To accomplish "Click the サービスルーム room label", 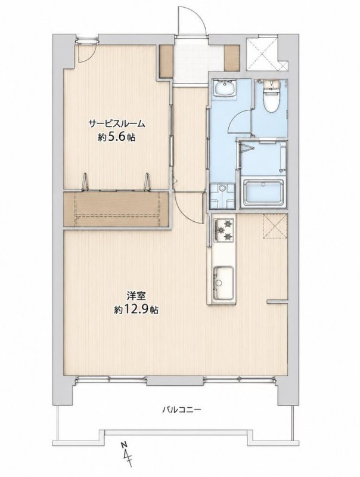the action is (116, 124).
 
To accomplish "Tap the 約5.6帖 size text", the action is (116, 138).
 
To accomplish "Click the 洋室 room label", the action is (136, 296).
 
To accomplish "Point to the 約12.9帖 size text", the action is (136, 309).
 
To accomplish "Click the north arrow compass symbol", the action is (128, 455).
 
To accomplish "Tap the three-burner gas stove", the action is (224, 230).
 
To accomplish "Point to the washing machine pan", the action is (222, 195).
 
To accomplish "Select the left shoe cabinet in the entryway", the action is (166, 61).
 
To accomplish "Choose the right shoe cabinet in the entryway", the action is (232, 58).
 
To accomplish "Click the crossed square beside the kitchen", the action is (275, 226).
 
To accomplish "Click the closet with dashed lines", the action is (116, 209).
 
